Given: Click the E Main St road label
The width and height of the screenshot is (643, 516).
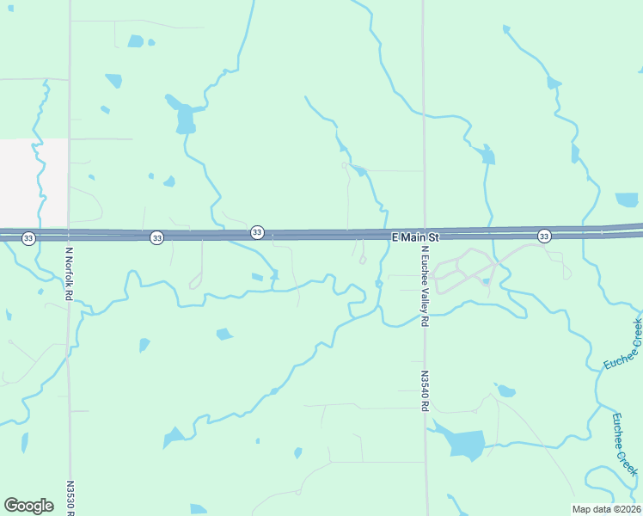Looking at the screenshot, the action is coord(415,236).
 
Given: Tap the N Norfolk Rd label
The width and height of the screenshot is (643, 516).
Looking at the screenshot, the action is coord(69,273).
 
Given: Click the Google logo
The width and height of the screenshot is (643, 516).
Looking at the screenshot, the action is coord(28,506).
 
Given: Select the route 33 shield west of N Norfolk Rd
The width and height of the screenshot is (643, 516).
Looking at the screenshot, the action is coord(28,237).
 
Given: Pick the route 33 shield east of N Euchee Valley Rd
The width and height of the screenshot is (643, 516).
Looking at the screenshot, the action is coord(544,236).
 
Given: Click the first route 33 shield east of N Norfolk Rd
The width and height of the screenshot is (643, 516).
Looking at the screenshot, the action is coord(156,237).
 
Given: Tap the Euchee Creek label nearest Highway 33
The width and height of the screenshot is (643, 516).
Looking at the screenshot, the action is coord(622,345).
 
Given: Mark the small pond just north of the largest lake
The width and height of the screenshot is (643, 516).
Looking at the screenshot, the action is coord(506,391).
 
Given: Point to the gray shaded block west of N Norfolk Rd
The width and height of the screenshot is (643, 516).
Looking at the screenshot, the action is coord(34,182).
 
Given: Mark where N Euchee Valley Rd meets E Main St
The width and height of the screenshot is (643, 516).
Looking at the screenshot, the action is coord(424,236).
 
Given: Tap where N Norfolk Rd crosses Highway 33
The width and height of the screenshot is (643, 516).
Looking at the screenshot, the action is coord(69,235).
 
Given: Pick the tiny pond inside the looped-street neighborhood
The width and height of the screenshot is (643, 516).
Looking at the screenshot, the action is coord(486,281).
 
